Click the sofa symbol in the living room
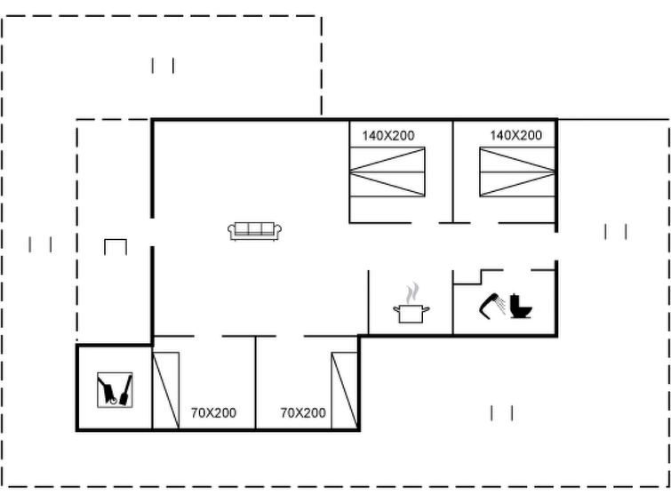254,231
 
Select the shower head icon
492,306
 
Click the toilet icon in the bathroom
521,306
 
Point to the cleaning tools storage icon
115,389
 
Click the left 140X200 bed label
388,136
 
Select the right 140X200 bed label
515,135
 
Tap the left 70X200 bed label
213,412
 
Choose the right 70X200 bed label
303,412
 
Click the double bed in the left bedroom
387,172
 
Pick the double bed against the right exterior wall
517,172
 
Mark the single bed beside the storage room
166,390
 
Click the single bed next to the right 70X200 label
344,390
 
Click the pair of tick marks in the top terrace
163,66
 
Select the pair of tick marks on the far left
40,245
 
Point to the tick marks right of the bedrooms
616,232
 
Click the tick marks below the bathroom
501,413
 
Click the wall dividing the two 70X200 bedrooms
255,382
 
